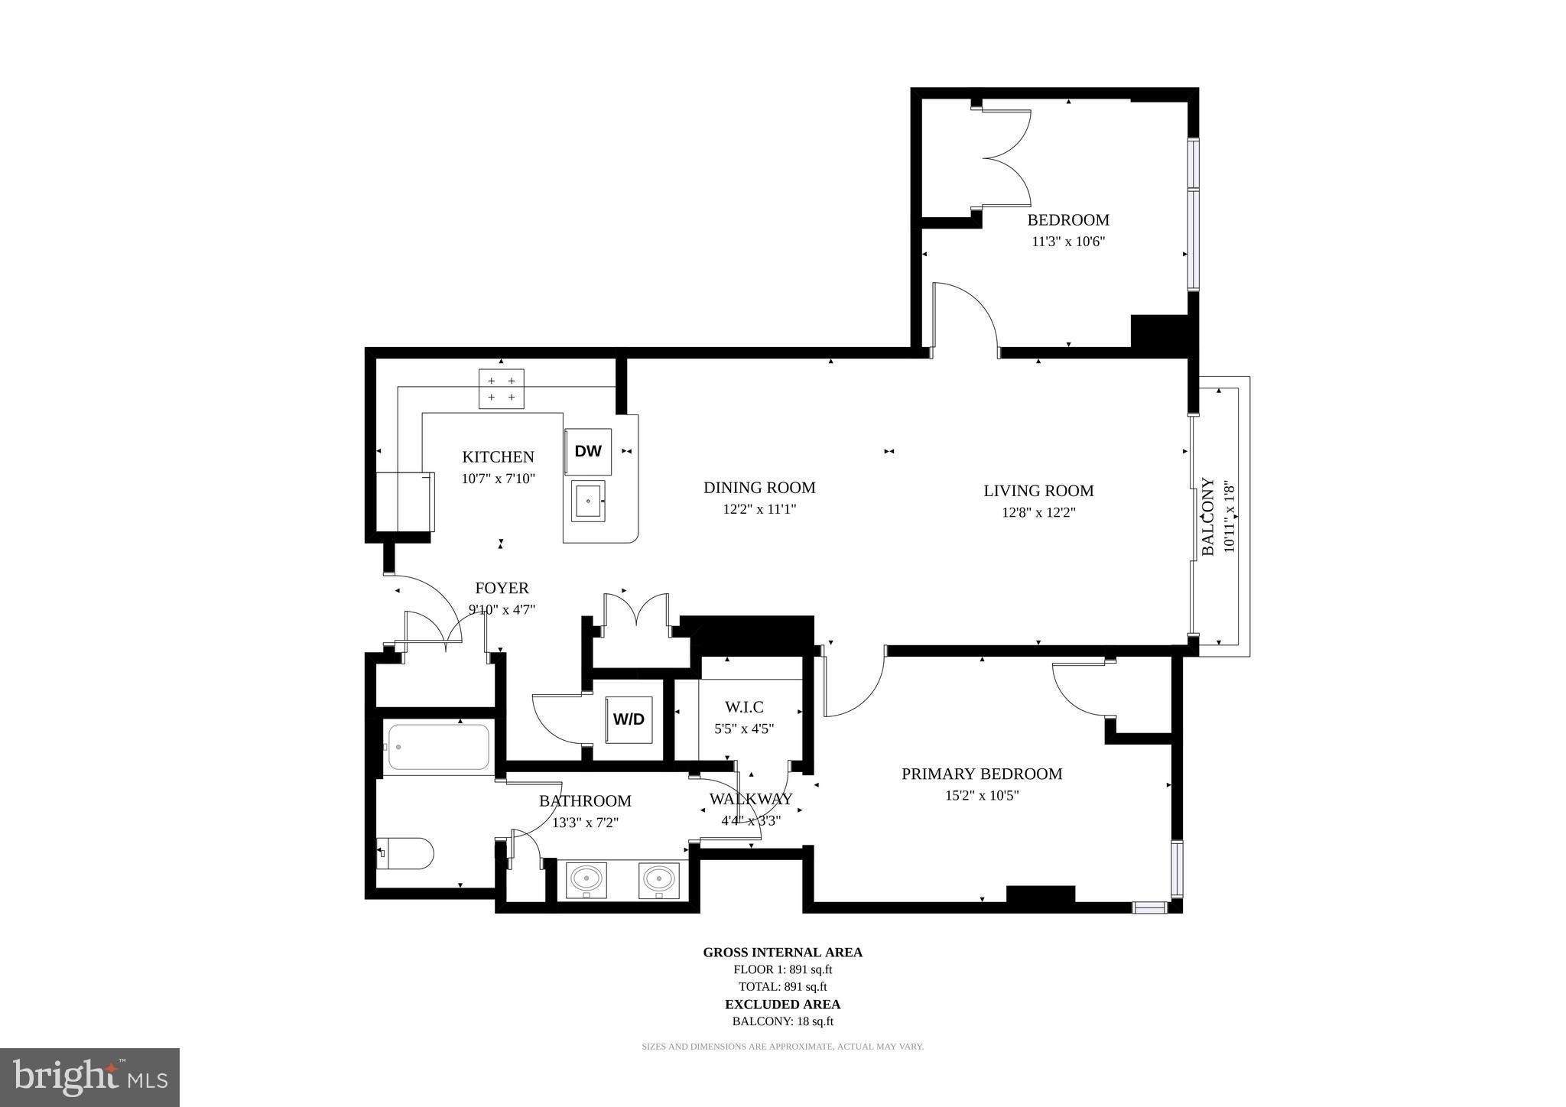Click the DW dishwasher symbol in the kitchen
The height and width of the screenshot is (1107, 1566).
pos(588,451)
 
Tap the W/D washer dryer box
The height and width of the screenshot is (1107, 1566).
pos(629,719)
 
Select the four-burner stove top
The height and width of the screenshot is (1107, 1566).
pos(502,388)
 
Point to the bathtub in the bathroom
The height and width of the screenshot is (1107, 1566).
pos(438,746)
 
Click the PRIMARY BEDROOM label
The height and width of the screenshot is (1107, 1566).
pos(982,774)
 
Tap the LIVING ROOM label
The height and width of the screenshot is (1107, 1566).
pos(1038,491)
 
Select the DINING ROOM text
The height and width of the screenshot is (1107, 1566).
pos(759,488)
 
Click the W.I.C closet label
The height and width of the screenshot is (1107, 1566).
pos(744,708)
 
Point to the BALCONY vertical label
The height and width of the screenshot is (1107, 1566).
pos(1207,516)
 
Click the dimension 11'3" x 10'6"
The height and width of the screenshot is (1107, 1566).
pos(1068,242)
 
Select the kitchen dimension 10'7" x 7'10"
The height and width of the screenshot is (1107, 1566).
pos(499,479)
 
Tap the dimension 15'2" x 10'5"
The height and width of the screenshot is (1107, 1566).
pos(982,795)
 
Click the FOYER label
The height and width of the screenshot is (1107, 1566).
pos(502,588)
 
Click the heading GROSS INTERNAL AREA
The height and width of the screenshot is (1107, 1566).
pos(783,953)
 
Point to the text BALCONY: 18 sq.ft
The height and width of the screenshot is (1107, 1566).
pos(783,1021)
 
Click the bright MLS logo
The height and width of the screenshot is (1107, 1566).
pos(90,1076)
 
